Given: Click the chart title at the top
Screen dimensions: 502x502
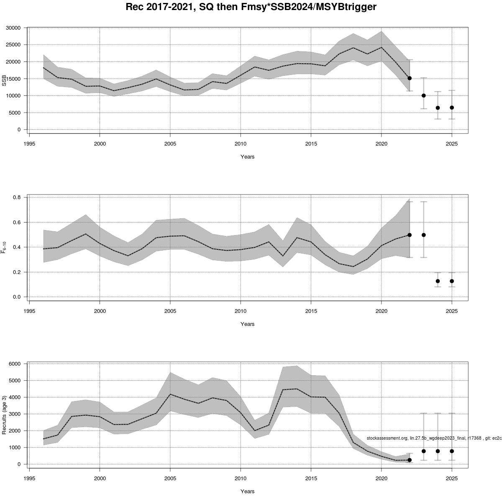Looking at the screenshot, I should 251,7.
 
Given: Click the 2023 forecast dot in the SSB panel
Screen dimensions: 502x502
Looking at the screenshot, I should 424,95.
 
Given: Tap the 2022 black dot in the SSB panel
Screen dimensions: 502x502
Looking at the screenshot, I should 410,78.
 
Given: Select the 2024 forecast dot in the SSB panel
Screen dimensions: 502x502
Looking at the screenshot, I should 438,108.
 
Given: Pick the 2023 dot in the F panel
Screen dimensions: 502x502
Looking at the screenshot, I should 424,235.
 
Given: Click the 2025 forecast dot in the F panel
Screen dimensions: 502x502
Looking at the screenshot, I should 452,281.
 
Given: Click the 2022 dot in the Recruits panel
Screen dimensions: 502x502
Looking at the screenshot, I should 410,460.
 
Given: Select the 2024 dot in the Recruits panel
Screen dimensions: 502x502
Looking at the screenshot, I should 438,451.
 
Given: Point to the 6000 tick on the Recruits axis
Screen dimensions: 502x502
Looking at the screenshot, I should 15,364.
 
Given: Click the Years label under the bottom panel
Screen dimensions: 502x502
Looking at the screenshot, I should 247,491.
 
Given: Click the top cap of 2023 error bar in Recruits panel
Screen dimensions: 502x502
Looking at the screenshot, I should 424,413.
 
